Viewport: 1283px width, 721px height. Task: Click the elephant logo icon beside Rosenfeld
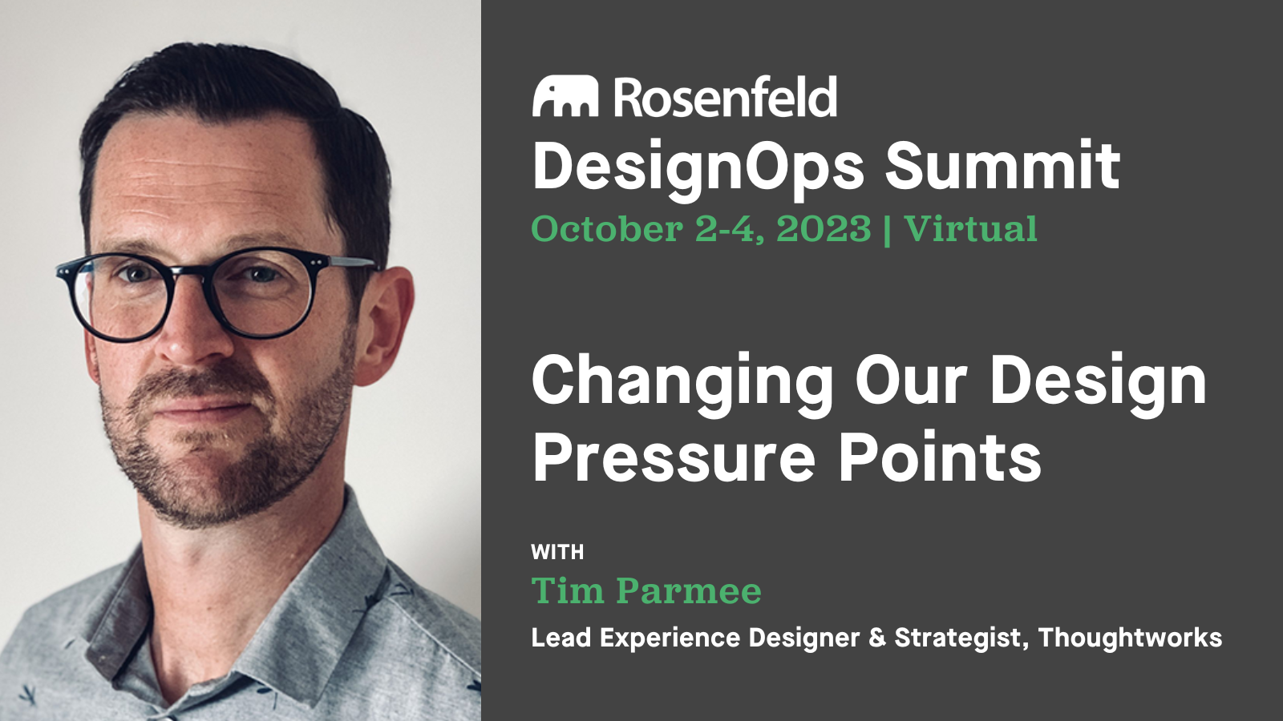[565, 97]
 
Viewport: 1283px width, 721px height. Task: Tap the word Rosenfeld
[725, 98]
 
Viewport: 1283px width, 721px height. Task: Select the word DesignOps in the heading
[698, 167]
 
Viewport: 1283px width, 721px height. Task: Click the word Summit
[1002, 165]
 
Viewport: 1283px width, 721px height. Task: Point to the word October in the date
[606, 229]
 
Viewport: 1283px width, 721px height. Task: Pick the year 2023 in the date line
[823, 229]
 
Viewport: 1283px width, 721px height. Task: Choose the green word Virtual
[970, 229]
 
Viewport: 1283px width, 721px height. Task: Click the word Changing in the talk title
[682, 383]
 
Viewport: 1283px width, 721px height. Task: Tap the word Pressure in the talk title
[674, 458]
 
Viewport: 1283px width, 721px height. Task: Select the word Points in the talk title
[940, 458]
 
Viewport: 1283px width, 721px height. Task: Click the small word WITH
[557, 552]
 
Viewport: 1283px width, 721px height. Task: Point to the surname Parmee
[689, 591]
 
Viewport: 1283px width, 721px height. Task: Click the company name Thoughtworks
[1130, 638]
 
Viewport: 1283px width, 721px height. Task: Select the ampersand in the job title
[877, 638]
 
